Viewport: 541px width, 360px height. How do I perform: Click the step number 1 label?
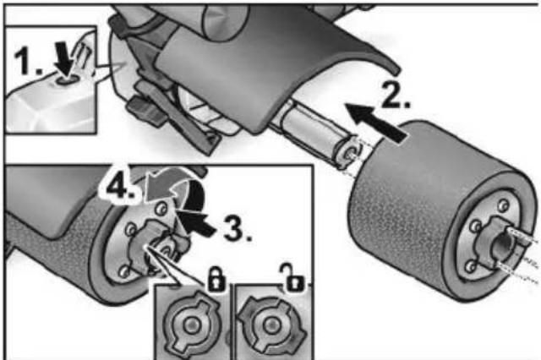28,61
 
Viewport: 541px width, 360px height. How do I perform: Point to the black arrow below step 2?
376,122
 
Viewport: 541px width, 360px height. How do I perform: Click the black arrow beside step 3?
196,223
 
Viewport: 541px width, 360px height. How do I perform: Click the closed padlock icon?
216,277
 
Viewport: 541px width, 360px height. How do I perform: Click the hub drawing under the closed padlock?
192,325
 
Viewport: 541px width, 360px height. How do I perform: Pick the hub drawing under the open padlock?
270,325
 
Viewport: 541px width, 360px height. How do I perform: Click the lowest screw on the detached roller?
470,266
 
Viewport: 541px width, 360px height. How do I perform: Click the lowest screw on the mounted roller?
124,271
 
